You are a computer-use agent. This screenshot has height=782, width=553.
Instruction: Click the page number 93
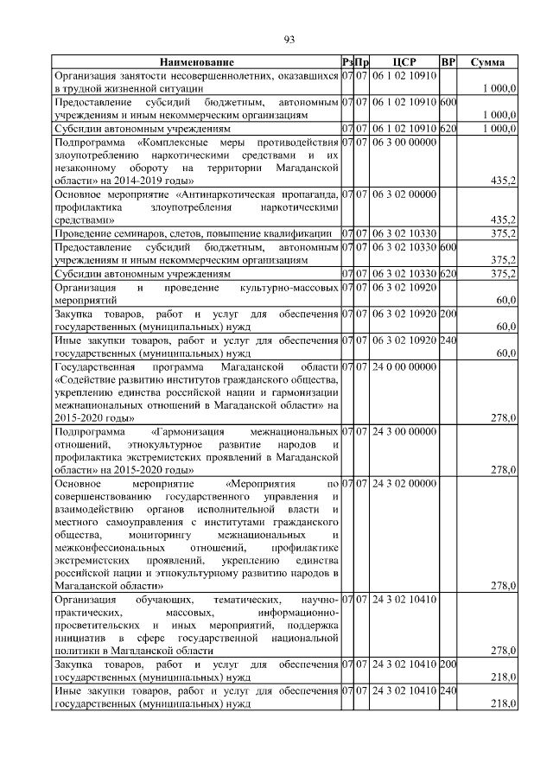click(x=289, y=39)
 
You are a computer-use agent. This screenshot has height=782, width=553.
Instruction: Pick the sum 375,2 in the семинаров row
click(x=502, y=233)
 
